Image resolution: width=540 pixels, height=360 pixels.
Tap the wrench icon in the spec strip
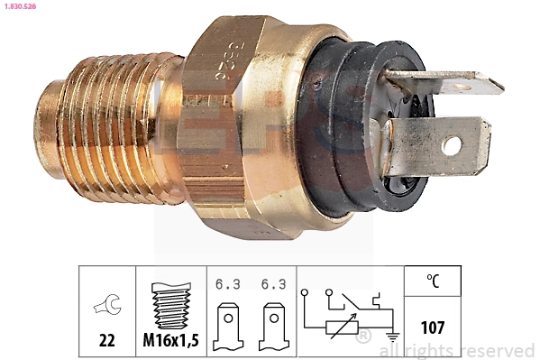(106, 307)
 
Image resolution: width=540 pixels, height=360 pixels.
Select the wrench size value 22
(106, 341)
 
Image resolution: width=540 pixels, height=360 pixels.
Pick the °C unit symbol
(432, 282)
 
